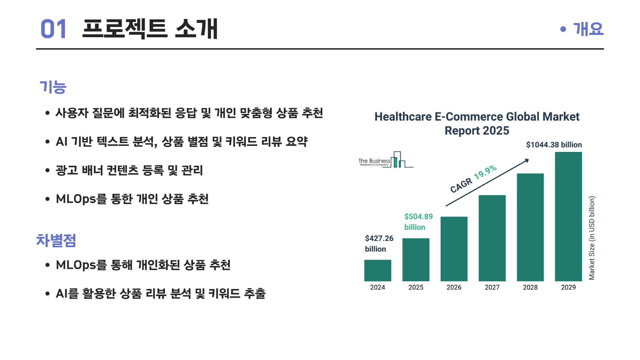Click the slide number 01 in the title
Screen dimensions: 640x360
tap(53, 29)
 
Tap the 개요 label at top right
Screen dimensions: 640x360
tap(588, 29)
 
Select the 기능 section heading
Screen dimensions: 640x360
tap(53, 87)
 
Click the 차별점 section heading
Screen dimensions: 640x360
tap(56, 240)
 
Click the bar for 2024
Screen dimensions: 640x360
tap(377, 270)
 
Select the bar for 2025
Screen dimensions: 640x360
tap(416, 260)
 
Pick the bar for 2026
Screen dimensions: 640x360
tap(454, 249)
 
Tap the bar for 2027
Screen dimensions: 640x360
tap(492, 238)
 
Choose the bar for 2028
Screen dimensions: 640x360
tap(530, 227)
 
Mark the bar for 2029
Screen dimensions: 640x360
tap(568, 217)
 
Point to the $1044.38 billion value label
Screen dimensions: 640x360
tap(554, 145)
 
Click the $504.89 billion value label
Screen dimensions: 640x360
tap(418, 222)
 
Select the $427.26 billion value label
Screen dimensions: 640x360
tap(379, 244)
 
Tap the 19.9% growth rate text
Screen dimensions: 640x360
tap(485, 172)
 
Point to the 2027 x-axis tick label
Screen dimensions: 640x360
tap(492, 287)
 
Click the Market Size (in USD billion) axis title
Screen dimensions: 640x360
tap(592, 238)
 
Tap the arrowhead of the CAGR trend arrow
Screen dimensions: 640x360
tap(527, 161)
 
